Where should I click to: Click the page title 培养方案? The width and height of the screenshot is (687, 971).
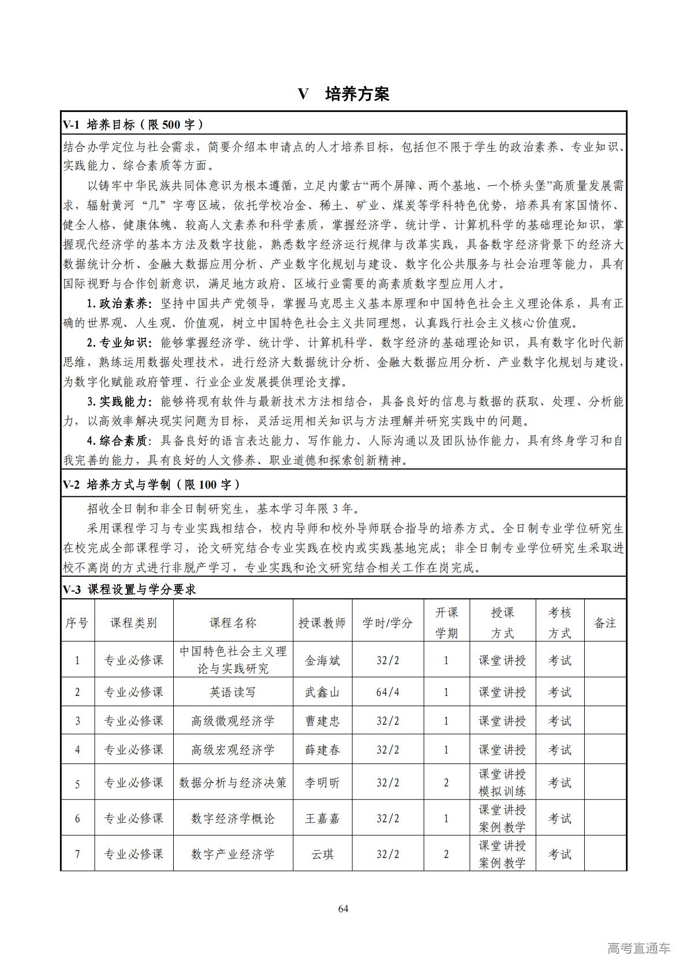tap(357, 94)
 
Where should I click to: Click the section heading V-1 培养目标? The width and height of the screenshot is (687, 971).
tap(133, 125)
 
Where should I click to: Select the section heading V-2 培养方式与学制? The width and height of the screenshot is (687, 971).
tap(151, 485)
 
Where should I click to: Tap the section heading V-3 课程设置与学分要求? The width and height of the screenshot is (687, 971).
tap(129, 589)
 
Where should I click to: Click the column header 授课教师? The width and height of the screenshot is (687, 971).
tap(322, 623)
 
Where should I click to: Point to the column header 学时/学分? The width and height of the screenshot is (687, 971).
tap(387, 623)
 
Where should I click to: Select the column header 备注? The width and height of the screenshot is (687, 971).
tap(605, 623)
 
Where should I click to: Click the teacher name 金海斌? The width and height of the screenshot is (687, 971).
tap(322, 661)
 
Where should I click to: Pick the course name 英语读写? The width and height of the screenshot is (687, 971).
tap(233, 692)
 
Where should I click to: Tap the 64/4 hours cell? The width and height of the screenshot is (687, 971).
tap(387, 692)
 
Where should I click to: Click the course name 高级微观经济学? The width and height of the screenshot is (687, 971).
tap(233, 721)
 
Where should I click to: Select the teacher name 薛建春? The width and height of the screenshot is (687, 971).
tap(322, 749)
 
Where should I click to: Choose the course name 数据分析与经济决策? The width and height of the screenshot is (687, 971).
tap(233, 782)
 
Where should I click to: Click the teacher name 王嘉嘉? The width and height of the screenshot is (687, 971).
tap(322, 818)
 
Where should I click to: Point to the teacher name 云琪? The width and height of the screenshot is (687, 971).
tap(322, 854)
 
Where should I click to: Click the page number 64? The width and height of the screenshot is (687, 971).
tap(343, 909)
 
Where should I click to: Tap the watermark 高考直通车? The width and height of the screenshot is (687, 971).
tap(639, 948)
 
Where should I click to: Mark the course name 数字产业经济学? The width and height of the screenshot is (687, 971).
tap(233, 854)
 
